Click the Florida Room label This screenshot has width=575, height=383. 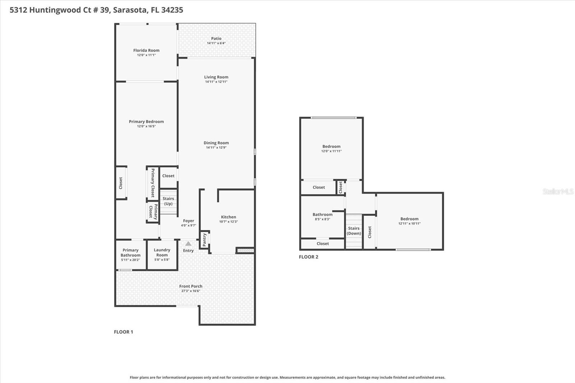[x=146, y=50]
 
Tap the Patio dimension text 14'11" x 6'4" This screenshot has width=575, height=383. [x=216, y=43]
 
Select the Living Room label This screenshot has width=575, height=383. [x=216, y=77]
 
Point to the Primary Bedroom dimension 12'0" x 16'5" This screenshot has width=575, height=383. [x=146, y=126]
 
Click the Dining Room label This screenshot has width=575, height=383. [x=216, y=143]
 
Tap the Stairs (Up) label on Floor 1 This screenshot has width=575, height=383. [x=168, y=201]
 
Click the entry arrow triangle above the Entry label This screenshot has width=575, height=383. [x=188, y=244]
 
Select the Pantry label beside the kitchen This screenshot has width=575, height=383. [x=204, y=240]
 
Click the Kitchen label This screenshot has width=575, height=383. [x=228, y=217]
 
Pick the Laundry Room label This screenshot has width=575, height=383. [x=162, y=252]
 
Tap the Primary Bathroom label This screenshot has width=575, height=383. [x=130, y=253]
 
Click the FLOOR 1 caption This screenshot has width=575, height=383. [x=123, y=332]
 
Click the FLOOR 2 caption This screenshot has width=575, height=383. [x=308, y=257]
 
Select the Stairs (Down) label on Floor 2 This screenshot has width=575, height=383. [x=354, y=231]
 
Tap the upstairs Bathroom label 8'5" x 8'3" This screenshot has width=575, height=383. [x=322, y=214]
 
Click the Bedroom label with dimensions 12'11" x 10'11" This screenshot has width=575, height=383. [x=409, y=219]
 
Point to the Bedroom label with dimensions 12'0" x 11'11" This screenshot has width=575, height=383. [x=331, y=146]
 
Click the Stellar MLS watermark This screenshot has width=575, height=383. [x=558, y=191]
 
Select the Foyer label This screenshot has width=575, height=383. [x=188, y=221]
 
